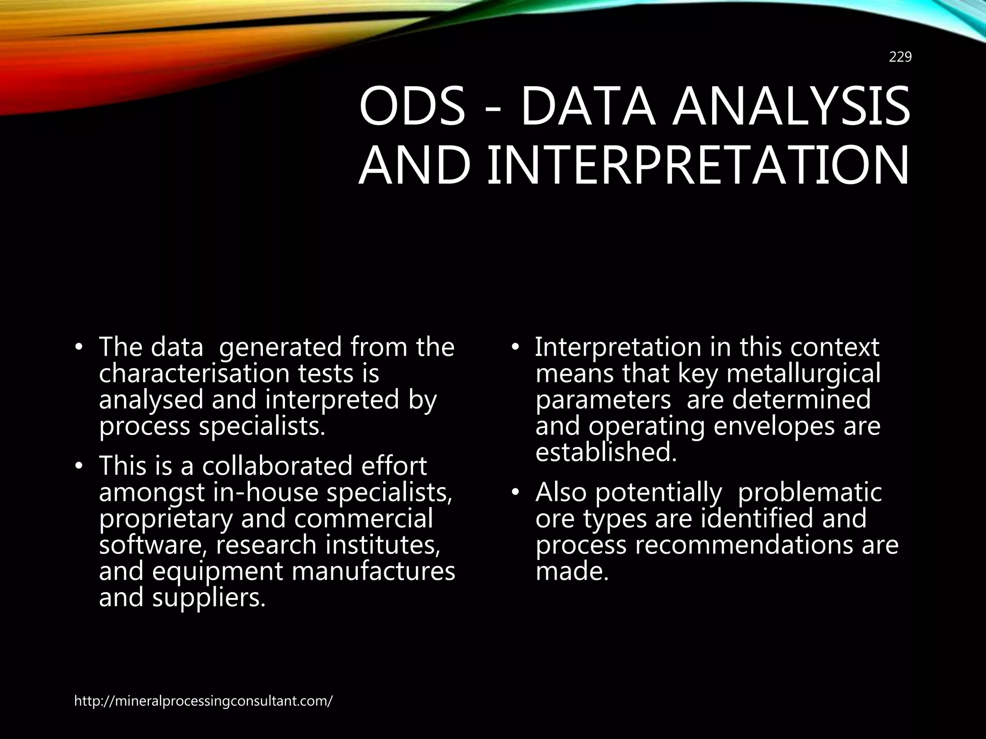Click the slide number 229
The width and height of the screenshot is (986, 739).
point(900,57)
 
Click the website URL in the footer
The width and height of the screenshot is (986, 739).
point(203,701)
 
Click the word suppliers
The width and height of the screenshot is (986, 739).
point(209,598)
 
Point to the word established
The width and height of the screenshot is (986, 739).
point(606,452)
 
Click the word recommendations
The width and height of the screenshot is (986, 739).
point(744,545)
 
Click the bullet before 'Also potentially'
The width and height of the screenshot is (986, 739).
point(515,493)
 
